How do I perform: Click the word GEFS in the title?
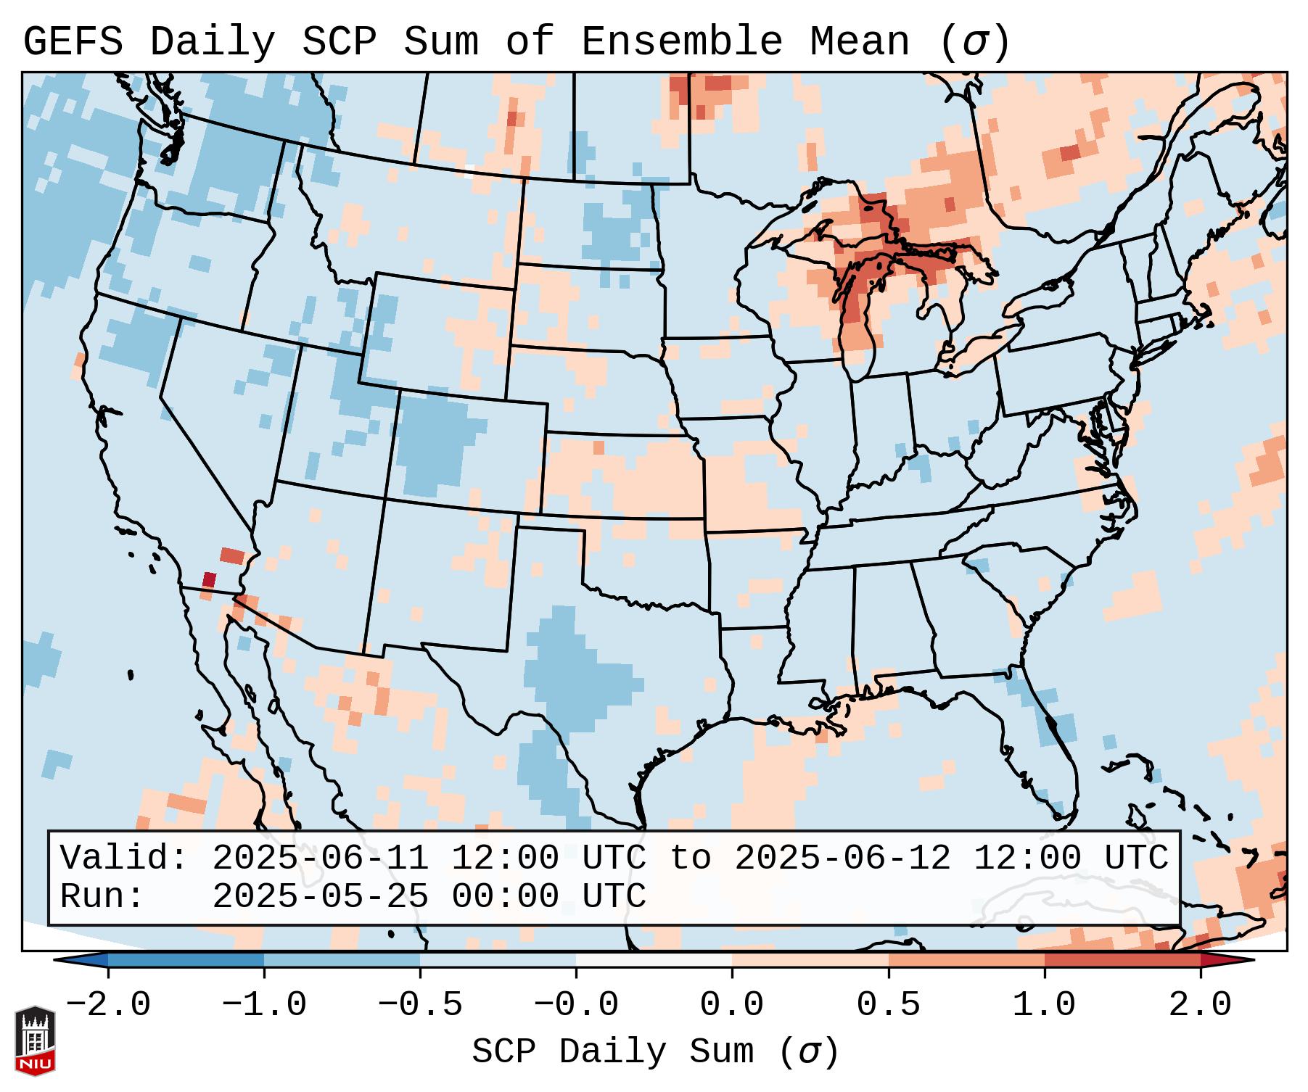pyautogui.click(x=73, y=41)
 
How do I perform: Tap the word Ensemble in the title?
pyautogui.click(x=682, y=41)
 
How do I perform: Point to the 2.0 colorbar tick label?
pyautogui.click(x=1200, y=1005)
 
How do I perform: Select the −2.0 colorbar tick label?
pyautogui.click(x=108, y=1005)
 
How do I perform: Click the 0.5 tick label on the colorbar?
pyautogui.click(x=888, y=1005)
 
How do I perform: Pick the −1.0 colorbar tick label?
pyautogui.click(x=263, y=1005)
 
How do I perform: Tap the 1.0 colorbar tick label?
pyautogui.click(x=1044, y=1005)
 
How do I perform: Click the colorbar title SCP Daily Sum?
pyautogui.click(x=613, y=1051)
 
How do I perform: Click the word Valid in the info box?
pyautogui.click(x=123, y=858)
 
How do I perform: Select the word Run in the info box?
pyautogui.click(x=102, y=896)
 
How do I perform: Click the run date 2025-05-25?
pyautogui.click(x=320, y=896)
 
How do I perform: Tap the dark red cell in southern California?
pyautogui.click(x=209, y=579)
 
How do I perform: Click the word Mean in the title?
pyautogui.click(x=860, y=41)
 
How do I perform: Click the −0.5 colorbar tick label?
pyautogui.click(x=420, y=1005)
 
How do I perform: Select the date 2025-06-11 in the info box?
pyautogui.click(x=320, y=858)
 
